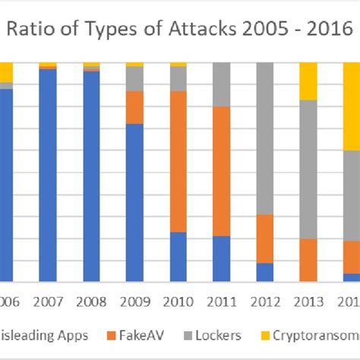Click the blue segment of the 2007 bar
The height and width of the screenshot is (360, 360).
coord(47,175)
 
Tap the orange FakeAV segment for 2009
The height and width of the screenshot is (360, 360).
coord(134,107)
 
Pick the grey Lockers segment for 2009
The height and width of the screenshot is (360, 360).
coord(134,78)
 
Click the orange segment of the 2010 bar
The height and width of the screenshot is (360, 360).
coord(178,161)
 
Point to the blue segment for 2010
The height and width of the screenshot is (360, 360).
coord(178,257)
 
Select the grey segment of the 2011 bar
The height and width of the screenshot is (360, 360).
coord(221,84)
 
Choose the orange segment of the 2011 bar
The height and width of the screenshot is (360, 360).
coord(221,171)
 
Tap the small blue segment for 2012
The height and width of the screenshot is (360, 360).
coord(265,272)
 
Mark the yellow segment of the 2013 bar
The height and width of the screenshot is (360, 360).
coord(308,81)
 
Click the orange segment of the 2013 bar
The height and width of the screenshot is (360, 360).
coord(308,260)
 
